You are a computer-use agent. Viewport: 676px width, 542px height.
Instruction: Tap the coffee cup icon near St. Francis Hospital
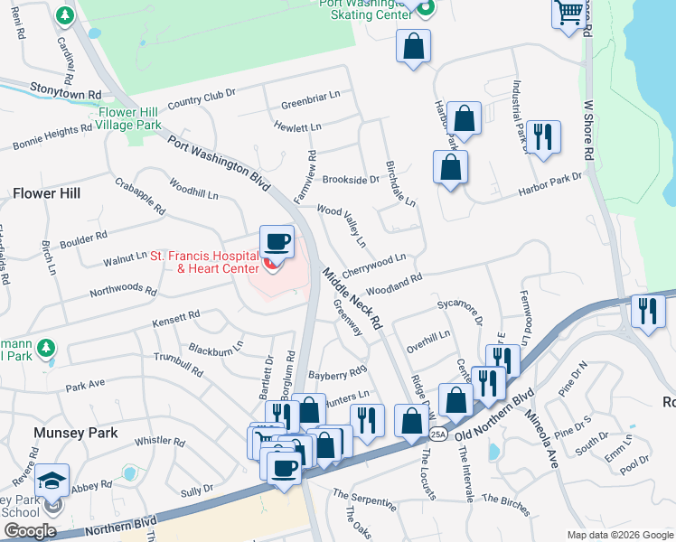[x=277, y=241]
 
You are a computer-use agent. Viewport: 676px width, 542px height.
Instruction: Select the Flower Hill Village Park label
[x=129, y=118]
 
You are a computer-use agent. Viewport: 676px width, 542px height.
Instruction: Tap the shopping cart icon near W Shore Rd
[x=568, y=13]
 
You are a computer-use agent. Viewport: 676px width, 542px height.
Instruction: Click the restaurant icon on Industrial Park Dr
[x=542, y=137]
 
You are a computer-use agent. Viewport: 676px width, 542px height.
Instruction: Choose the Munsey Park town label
[x=76, y=433]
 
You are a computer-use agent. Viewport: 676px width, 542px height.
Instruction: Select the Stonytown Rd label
[x=64, y=93]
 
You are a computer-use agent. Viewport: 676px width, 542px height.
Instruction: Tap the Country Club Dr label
[x=201, y=97]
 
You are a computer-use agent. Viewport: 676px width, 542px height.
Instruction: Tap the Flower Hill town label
[x=46, y=193]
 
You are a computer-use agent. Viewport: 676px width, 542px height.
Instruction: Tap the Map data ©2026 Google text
[x=619, y=535]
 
